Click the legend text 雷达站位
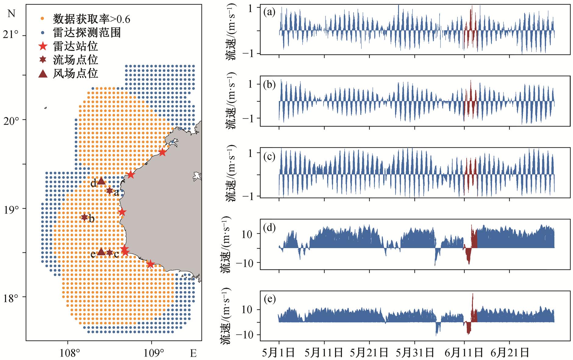(x=75, y=46)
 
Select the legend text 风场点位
(x=75, y=73)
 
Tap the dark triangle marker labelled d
(x=101, y=181)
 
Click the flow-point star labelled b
(x=84, y=217)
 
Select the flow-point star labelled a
(x=109, y=191)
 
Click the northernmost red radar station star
(x=162, y=152)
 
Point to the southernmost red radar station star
(x=150, y=264)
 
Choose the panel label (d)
(x=269, y=228)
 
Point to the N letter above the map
(x=11, y=14)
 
